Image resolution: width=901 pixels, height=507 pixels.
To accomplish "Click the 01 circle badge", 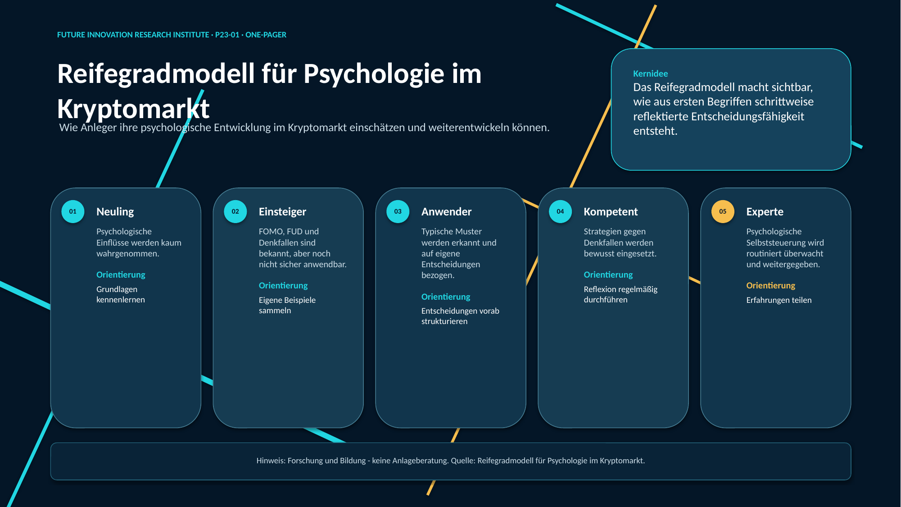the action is (73, 211).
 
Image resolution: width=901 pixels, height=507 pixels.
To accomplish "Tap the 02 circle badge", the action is (235, 211).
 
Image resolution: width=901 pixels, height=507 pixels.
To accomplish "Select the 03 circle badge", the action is (398, 211).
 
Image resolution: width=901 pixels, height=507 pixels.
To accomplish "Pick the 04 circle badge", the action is (561, 211).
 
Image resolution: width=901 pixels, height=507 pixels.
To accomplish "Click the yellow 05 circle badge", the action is (723, 211).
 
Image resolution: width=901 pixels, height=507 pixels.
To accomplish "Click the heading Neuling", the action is (115, 212).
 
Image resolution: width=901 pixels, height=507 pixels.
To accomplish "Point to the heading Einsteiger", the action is (282, 212).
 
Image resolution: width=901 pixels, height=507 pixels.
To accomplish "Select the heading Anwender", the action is (446, 212).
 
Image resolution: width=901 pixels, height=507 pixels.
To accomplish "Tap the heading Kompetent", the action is (611, 212).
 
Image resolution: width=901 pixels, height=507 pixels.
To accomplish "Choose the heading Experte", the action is (765, 212).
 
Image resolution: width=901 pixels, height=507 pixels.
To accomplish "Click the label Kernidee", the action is (650, 73).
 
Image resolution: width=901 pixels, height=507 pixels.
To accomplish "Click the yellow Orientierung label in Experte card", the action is (770, 286).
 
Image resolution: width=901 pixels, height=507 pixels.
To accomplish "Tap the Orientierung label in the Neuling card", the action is (121, 275).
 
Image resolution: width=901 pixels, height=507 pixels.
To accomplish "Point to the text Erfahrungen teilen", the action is (779, 300).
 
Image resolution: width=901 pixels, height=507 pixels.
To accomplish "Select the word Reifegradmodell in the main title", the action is (156, 73).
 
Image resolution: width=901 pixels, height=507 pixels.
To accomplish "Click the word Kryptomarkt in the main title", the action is (133, 109).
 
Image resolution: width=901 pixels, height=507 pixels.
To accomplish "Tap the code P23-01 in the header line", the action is (227, 35).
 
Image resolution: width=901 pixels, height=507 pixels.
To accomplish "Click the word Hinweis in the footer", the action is (271, 461).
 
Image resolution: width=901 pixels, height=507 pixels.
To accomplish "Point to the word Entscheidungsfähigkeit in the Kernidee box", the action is (747, 117).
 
